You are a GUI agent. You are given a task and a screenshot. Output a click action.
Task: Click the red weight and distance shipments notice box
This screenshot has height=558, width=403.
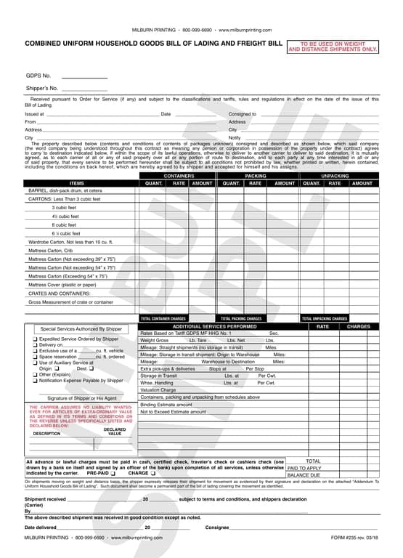click(x=333, y=46)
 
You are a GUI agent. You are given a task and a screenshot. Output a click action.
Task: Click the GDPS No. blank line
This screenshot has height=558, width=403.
click(x=84, y=77)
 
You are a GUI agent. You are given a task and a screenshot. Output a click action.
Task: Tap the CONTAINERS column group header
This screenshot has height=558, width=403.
click(x=179, y=177)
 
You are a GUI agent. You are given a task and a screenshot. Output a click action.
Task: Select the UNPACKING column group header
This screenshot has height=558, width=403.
click(x=335, y=177)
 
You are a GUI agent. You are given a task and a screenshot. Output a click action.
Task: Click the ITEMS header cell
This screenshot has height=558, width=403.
click(x=77, y=183)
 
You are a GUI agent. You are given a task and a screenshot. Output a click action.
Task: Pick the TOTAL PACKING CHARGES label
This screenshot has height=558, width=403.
click(x=241, y=318)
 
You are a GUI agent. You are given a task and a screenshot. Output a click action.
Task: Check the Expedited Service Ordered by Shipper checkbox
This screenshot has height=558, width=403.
click(x=35, y=339)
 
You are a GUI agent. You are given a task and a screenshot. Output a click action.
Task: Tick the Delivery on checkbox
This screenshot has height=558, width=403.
click(x=35, y=345)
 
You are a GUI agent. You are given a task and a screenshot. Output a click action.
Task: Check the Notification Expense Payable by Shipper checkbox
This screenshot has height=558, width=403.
click(x=35, y=381)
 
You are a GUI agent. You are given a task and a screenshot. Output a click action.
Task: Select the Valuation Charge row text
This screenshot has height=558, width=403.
click(x=158, y=390)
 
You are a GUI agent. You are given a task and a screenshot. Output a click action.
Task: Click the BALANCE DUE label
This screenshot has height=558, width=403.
click(x=304, y=475)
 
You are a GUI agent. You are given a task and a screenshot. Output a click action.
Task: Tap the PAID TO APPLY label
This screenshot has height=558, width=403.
click(x=304, y=468)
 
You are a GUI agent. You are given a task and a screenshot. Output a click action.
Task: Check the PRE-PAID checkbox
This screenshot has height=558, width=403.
click(x=113, y=473)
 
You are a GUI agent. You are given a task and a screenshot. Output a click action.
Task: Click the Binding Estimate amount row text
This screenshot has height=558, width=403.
click(x=166, y=404)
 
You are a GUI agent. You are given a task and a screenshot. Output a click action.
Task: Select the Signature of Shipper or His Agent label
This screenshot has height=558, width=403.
click(x=82, y=398)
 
